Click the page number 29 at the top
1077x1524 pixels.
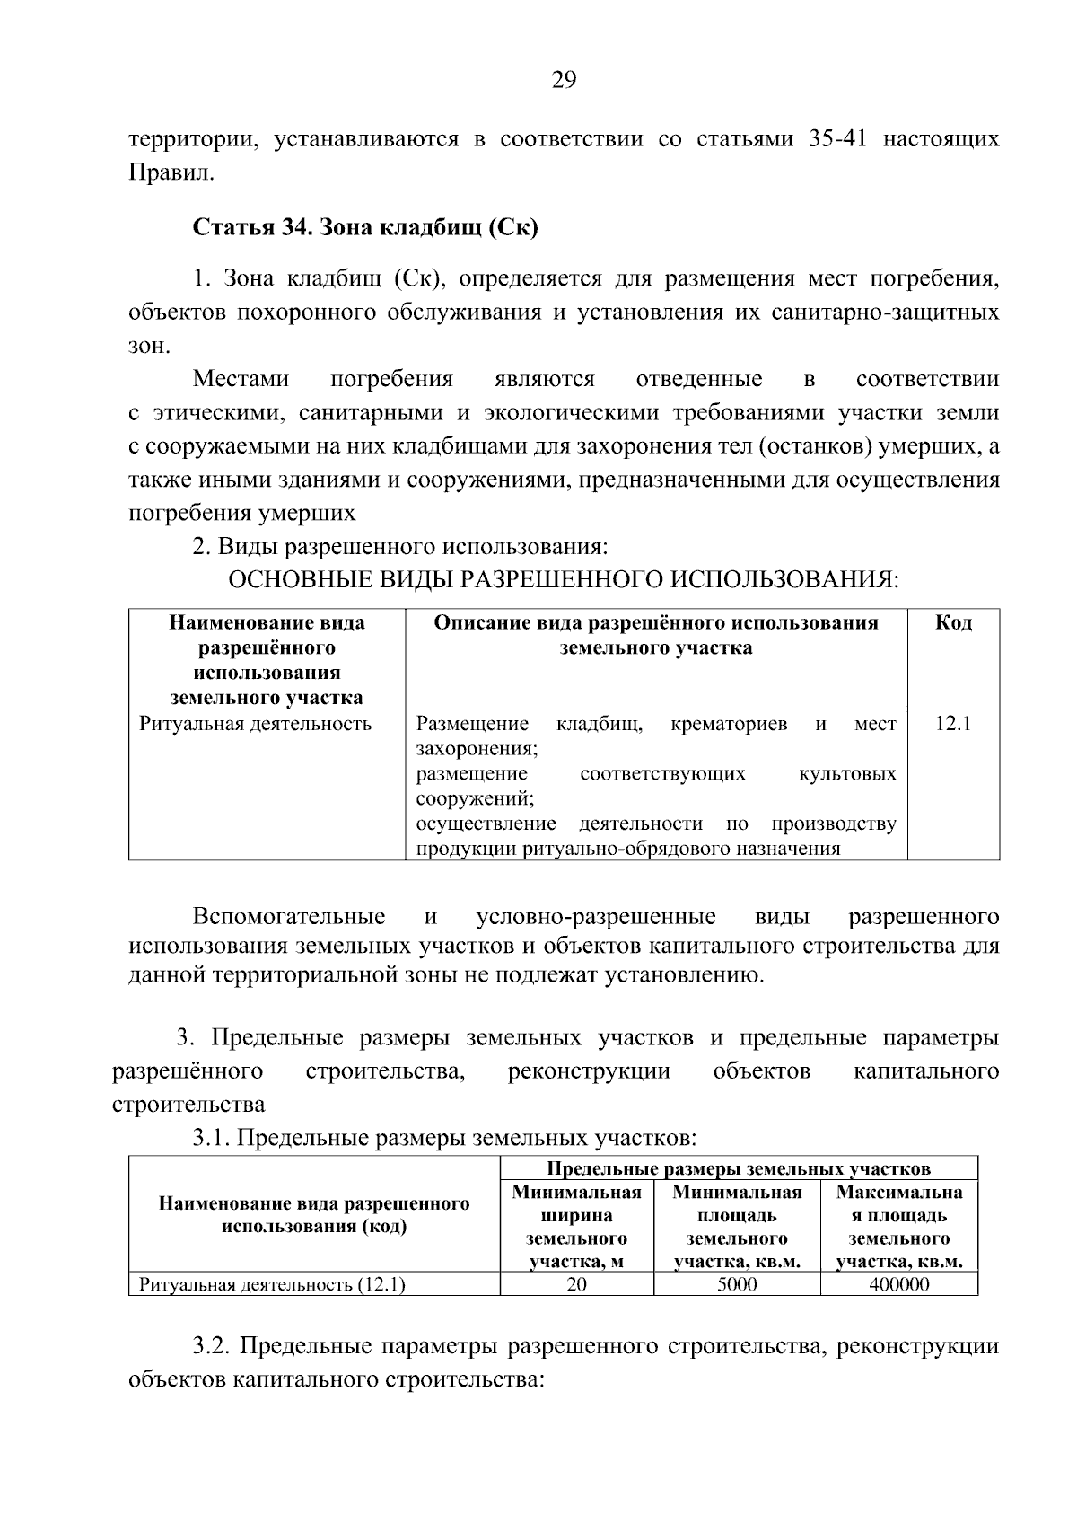(563, 81)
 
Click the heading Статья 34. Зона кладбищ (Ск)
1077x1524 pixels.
(365, 227)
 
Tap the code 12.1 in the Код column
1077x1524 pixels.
(953, 724)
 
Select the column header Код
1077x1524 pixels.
(953, 623)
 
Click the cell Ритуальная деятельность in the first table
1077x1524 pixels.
(256, 724)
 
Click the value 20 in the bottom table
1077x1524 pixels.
(576, 1284)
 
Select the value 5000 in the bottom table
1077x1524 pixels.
(737, 1284)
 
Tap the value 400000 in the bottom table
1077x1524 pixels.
(898, 1284)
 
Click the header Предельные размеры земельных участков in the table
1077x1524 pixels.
(738, 1168)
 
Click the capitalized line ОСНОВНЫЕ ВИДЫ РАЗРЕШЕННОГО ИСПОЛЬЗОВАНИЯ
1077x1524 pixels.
(563, 578)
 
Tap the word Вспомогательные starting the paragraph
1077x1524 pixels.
(289, 917)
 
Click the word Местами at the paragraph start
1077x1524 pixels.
(241, 379)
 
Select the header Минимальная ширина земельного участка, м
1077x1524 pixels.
(576, 1227)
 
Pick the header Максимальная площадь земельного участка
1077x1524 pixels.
(898, 1227)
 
